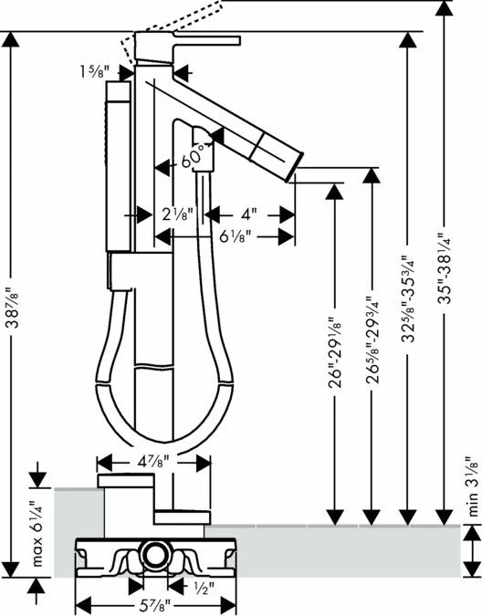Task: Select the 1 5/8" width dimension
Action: (x=94, y=71)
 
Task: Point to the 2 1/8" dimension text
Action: (x=178, y=214)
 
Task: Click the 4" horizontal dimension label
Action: (x=249, y=214)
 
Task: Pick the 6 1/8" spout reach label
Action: (x=235, y=236)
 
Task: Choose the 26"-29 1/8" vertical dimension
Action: (x=335, y=352)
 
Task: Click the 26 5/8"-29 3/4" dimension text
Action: (x=372, y=339)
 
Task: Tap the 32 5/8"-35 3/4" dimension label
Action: (x=409, y=298)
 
